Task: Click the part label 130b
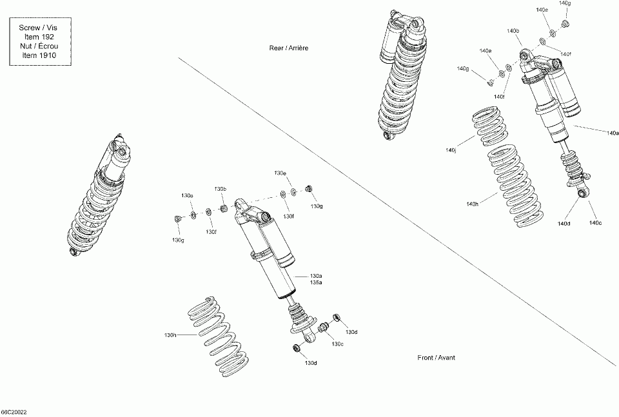(x=220, y=189)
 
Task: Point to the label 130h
(x=170, y=335)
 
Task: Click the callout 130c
(x=337, y=344)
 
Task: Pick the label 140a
(x=613, y=133)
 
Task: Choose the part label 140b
(x=513, y=31)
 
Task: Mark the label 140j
(x=450, y=150)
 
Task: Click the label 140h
(x=472, y=204)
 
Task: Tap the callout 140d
(x=564, y=223)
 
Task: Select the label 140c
(x=594, y=223)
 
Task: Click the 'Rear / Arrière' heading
(x=284, y=48)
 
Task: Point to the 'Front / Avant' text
(x=436, y=358)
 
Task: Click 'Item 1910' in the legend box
(x=39, y=55)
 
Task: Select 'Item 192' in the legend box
(x=39, y=37)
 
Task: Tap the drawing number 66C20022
(x=14, y=411)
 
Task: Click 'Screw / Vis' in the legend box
(x=39, y=28)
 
